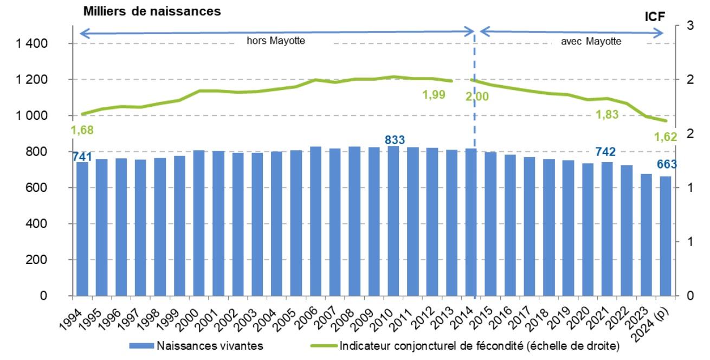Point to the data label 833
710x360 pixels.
(x=395, y=140)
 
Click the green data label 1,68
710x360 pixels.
(x=82, y=130)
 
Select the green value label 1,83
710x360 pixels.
(x=607, y=114)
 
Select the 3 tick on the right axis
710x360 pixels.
(x=690, y=25)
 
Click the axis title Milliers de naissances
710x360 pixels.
(x=151, y=11)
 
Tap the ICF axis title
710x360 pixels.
(x=654, y=16)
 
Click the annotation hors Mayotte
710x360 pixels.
(x=276, y=41)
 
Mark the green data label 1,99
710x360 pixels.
(x=434, y=95)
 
